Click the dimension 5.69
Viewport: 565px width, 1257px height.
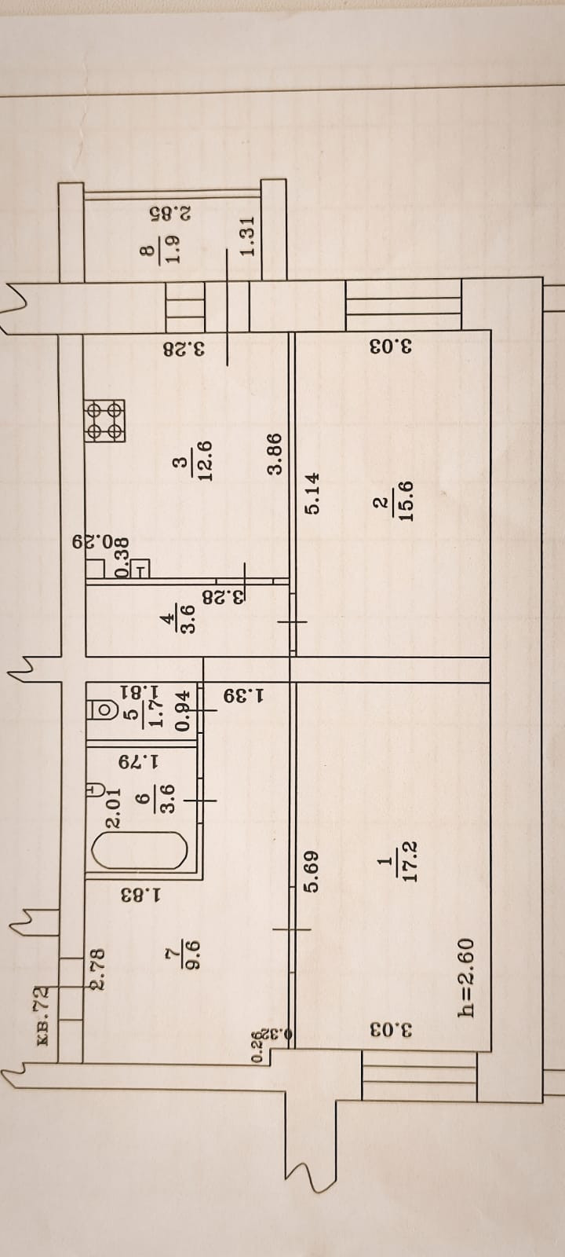[x=312, y=873]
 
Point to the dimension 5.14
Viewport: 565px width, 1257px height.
[x=312, y=493]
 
